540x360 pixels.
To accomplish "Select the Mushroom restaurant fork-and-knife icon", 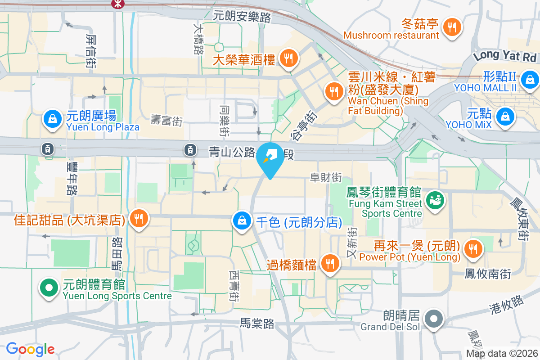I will point(451,27).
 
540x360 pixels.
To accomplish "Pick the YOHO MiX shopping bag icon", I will point(505,117).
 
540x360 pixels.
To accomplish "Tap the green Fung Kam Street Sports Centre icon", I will point(435,198).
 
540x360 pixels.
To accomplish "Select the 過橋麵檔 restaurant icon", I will point(331,264).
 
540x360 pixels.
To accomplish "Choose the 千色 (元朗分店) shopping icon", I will point(242,221).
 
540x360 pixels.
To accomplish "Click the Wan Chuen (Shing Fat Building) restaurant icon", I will point(333,92).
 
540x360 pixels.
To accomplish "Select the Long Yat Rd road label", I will point(505,56).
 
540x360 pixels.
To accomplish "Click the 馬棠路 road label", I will point(257,324).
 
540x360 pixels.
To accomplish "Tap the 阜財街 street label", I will point(326,178).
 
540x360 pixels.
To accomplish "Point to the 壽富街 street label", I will point(166,120).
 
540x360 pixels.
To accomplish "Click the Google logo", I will point(31,349).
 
